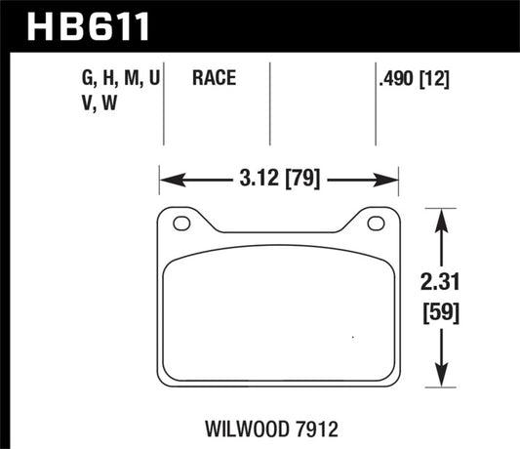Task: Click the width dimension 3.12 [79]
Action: [x=279, y=179]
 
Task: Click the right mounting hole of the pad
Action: [x=375, y=224]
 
